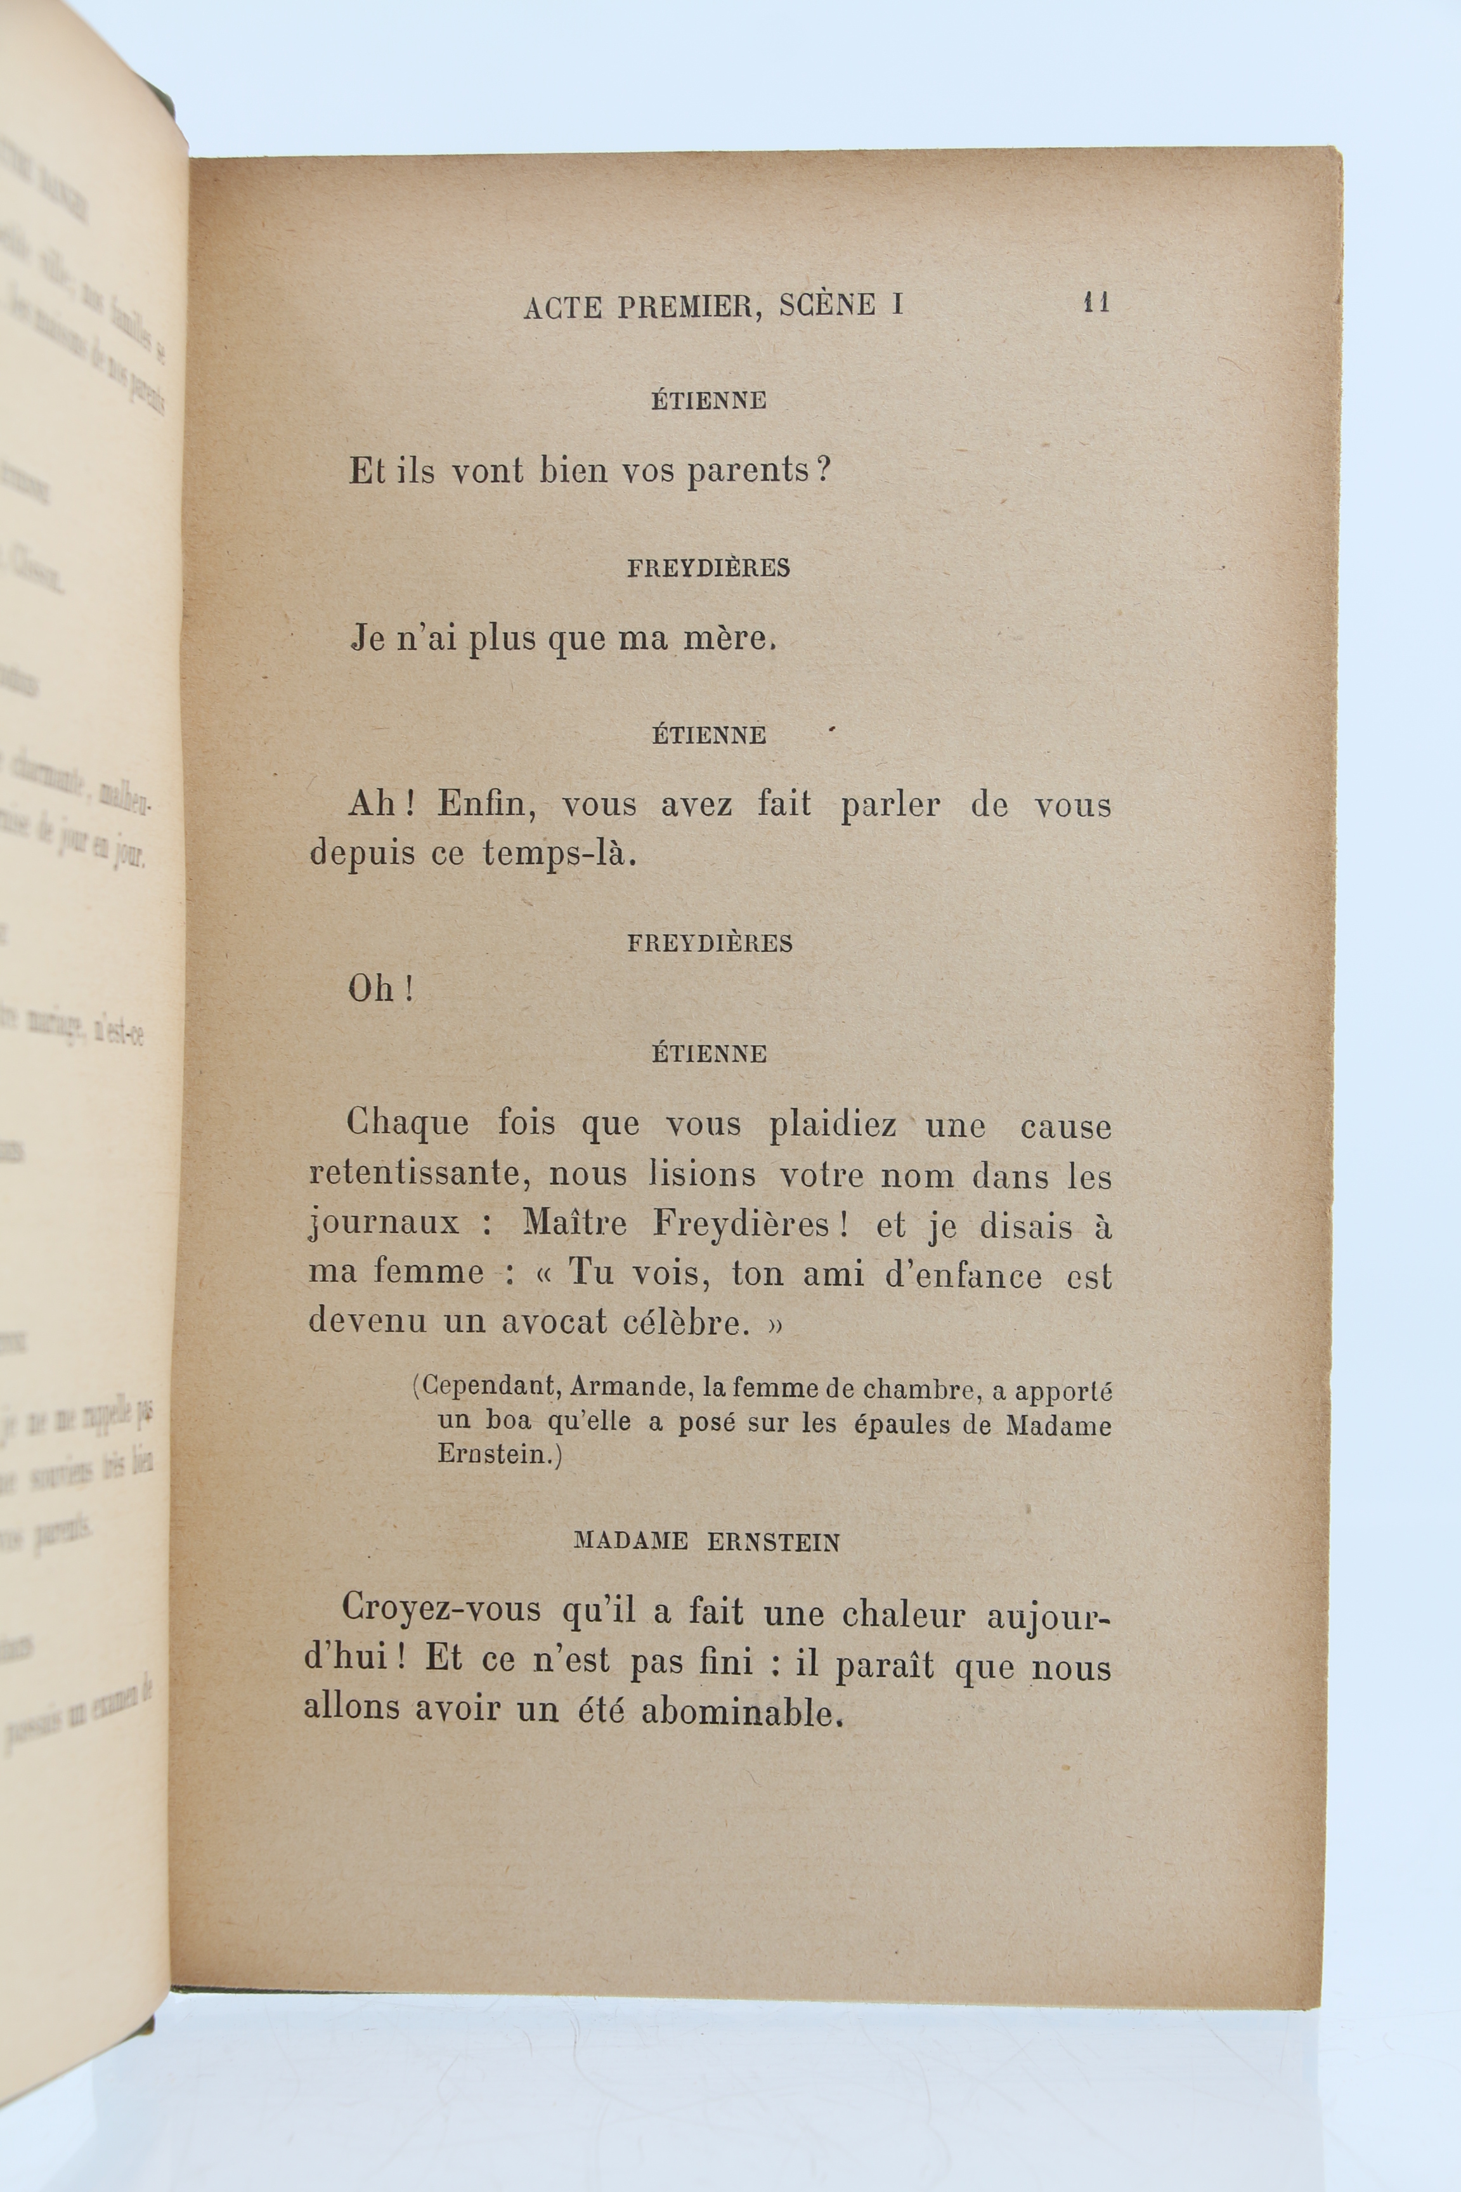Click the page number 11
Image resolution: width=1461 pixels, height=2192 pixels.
(1096, 303)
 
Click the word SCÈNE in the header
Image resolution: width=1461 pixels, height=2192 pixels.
(828, 304)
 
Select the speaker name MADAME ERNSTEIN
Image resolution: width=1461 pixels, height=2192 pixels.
(706, 1541)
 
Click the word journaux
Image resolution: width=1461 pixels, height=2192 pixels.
(384, 1223)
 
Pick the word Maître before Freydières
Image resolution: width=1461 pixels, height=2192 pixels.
(575, 1223)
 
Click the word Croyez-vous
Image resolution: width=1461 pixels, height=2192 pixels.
(441, 1610)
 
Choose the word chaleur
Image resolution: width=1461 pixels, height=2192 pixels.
(903, 1614)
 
